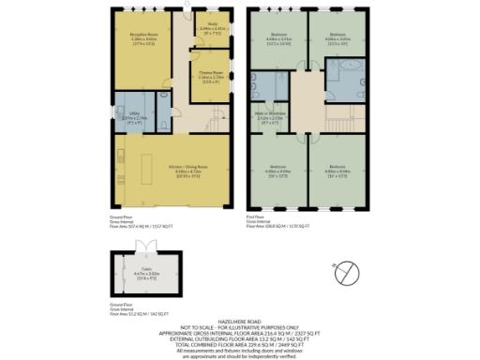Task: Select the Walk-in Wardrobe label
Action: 271,119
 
